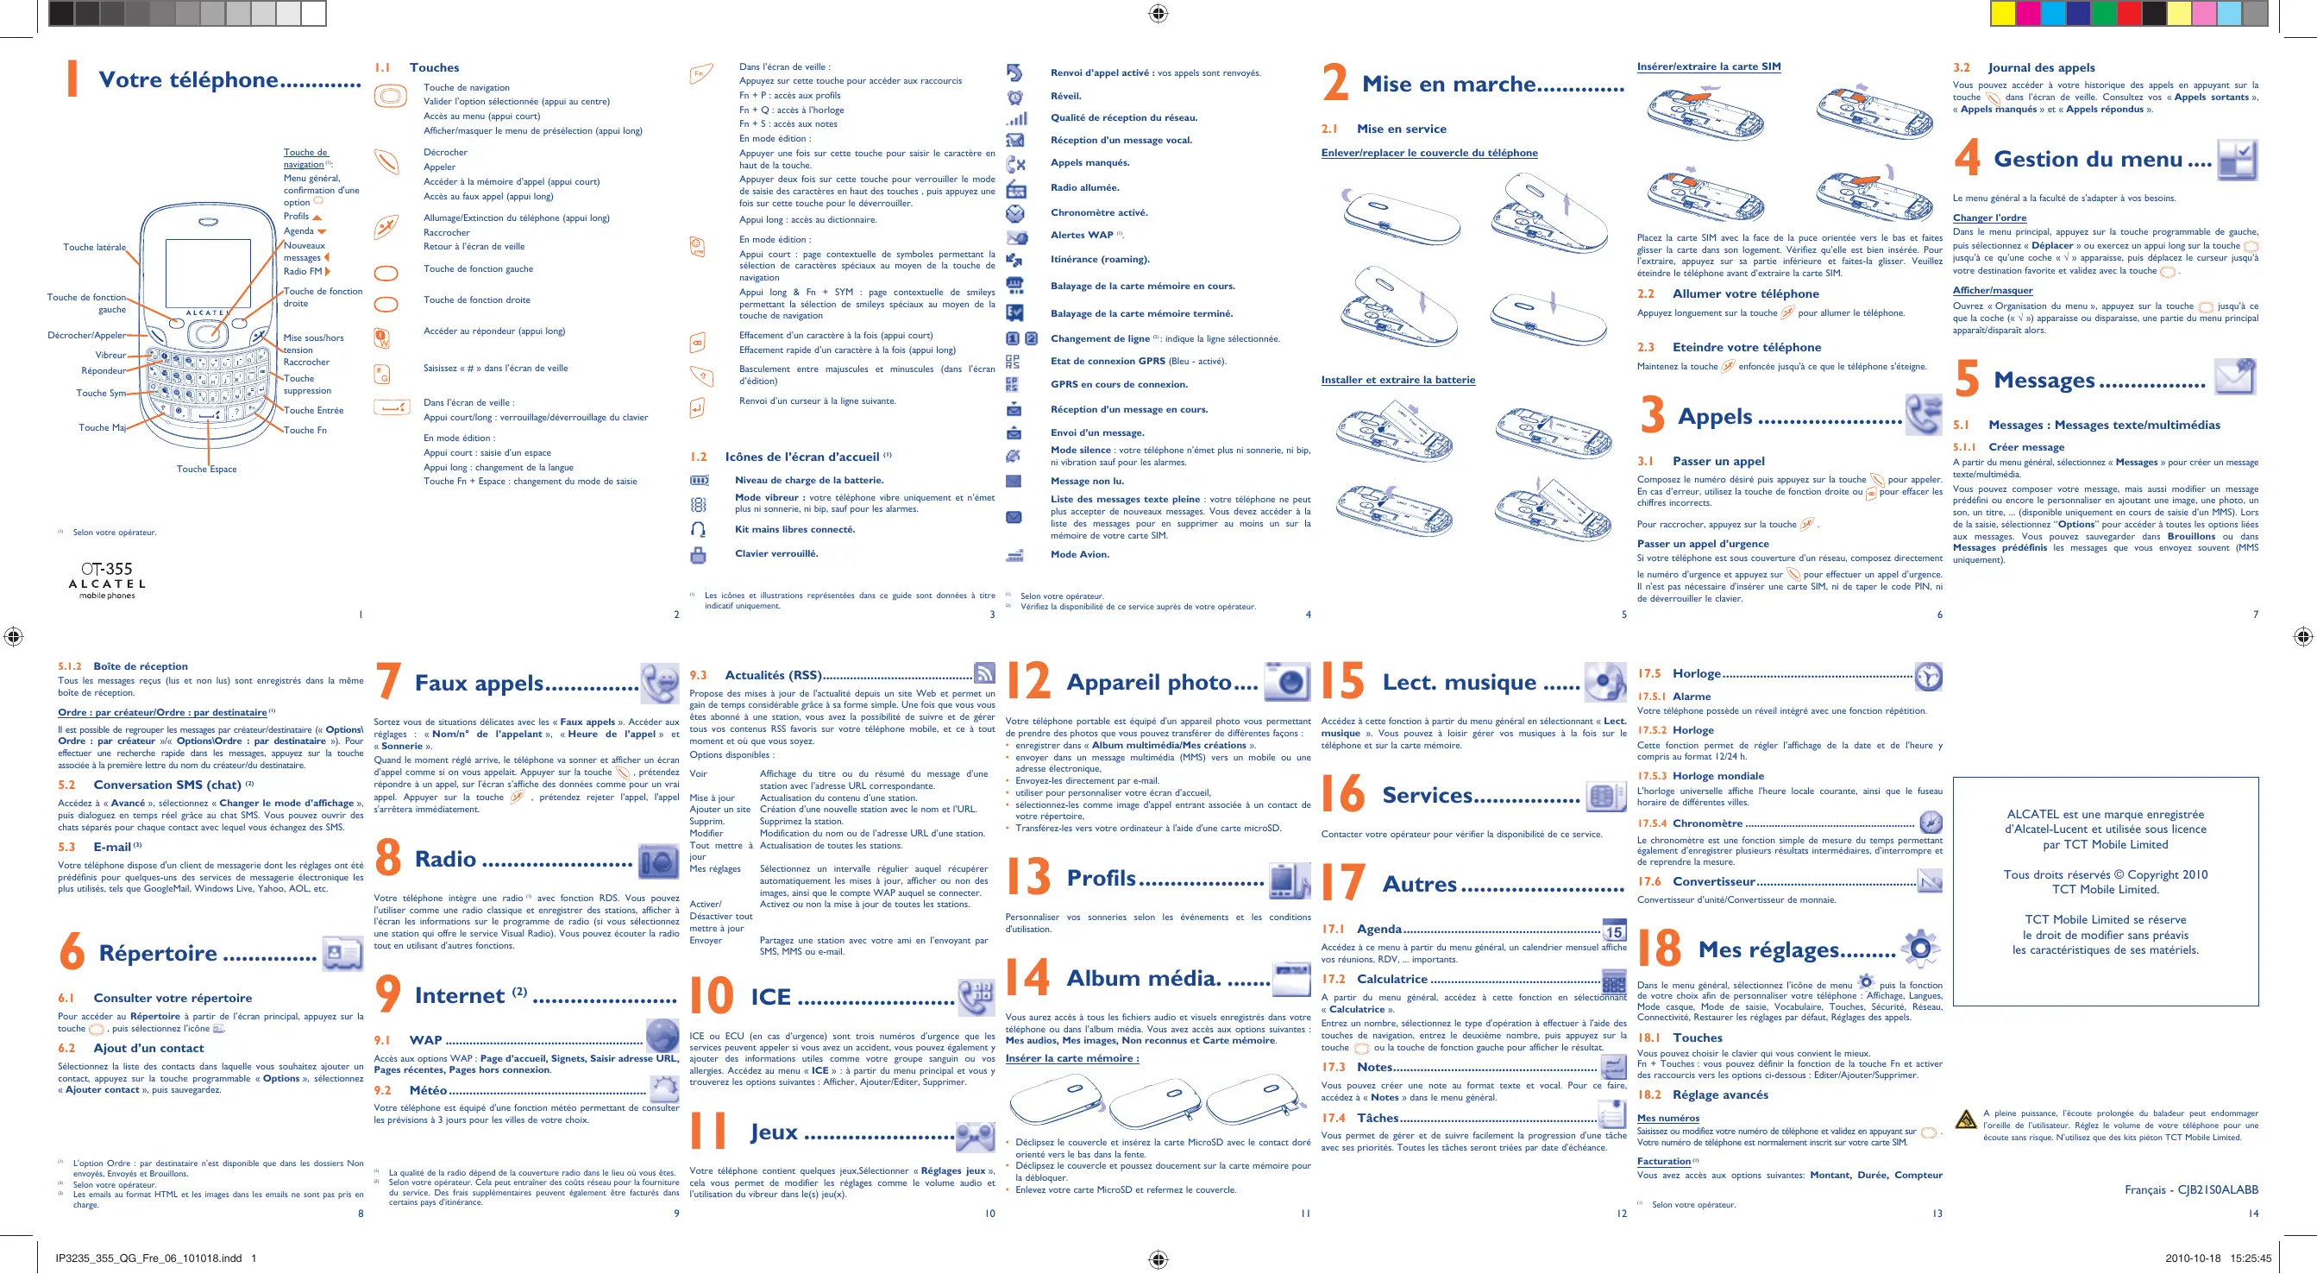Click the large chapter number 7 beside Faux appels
click(x=387, y=681)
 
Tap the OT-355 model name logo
click(x=106, y=570)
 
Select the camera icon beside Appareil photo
click(x=1287, y=681)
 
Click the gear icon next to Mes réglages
click(x=1919, y=948)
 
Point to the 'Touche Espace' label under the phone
click(x=206, y=469)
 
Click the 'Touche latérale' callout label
click(x=94, y=248)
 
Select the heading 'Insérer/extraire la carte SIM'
click(x=1708, y=66)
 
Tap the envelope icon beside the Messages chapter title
click(x=2234, y=377)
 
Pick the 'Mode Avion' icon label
click(x=1079, y=554)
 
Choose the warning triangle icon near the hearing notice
click(x=1965, y=1119)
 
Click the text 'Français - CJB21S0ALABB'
click(x=2190, y=1189)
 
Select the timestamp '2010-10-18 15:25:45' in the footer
click(x=2218, y=1258)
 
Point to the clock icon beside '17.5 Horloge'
click(x=1929, y=677)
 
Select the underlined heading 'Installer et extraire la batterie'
click(x=1397, y=380)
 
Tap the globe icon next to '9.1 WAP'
click(x=662, y=1036)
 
